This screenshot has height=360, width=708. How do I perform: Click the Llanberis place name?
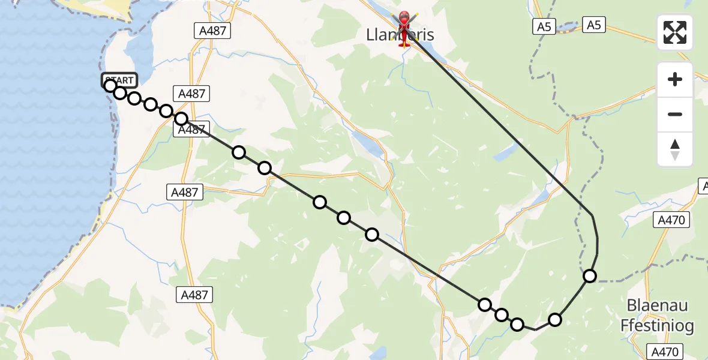[x=400, y=35]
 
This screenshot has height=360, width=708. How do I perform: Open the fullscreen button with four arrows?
[x=675, y=32]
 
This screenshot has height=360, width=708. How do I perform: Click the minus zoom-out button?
[x=675, y=114]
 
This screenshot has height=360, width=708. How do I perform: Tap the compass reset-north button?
[x=675, y=149]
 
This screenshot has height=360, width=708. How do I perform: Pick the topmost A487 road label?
[x=213, y=31]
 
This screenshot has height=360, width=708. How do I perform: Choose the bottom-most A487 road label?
[x=194, y=295]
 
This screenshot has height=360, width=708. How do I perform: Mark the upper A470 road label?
[x=671, y=220]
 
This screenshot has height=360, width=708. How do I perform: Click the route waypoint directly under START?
[x=110, y=86]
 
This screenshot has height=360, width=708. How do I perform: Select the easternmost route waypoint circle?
[x=590, y=276]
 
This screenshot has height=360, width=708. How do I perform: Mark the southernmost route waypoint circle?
[x=517, y=325]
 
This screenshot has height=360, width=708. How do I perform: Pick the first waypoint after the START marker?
[x=120, y=93]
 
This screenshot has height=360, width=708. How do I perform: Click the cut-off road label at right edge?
[x=703, y=187]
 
